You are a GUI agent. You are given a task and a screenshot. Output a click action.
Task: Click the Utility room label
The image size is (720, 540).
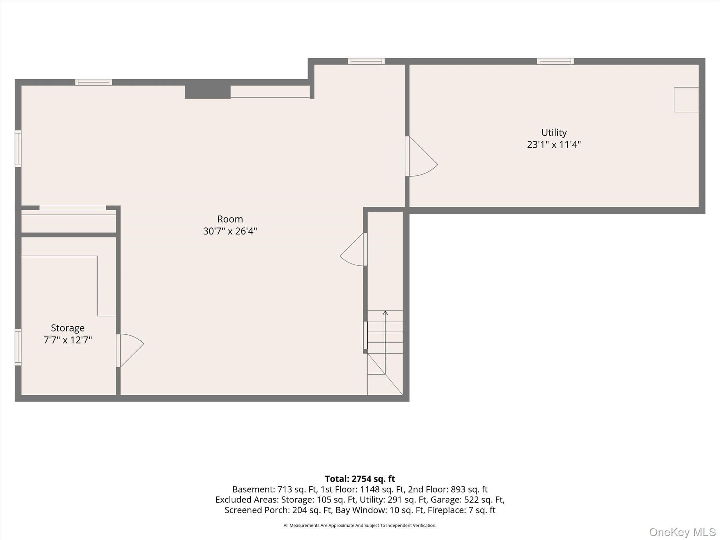point(554,133)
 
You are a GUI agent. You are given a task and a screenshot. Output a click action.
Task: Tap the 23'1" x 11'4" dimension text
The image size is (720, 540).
point(554,144)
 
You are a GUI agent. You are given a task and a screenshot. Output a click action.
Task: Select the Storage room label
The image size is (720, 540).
point(68,328)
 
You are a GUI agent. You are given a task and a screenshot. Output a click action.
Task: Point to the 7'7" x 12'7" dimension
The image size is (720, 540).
point(68,340)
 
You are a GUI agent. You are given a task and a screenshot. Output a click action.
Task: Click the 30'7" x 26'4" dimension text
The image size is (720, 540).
point(230,231)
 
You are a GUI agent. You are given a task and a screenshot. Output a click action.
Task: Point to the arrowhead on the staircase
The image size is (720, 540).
point(385,313)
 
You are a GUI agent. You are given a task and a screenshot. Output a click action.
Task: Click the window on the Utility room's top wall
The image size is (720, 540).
point(555,61)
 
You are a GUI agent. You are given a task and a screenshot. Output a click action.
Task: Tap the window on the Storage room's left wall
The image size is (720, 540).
point(18,347)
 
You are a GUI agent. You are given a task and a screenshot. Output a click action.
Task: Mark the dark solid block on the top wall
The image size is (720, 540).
point(208,92)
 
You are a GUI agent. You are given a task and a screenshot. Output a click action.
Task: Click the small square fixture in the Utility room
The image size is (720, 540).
point(686,99)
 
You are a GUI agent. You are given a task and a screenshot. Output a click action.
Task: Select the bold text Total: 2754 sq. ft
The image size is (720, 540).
point(360,479)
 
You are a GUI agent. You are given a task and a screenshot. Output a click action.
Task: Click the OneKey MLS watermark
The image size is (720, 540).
point(682,532)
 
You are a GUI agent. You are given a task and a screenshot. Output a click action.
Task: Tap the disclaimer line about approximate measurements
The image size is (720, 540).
point(360,526)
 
